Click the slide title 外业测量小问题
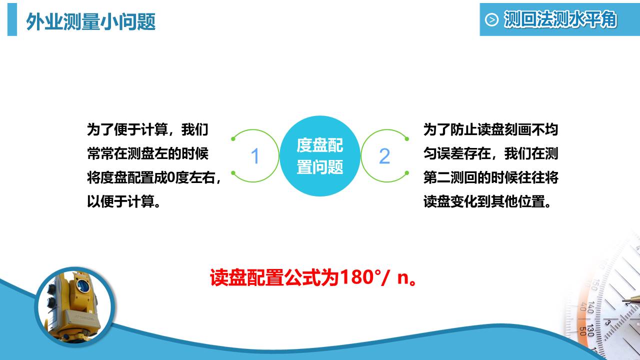[90, 21]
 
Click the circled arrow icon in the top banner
[492, 20]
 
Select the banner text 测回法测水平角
[560, 20]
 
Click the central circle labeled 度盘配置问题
[320, 155]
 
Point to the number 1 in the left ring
[255, 156]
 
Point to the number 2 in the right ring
[384, 156]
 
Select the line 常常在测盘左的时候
[147, 154]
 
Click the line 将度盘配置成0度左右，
[154, 178]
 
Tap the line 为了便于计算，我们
[147, 130]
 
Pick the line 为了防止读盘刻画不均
[490, 130]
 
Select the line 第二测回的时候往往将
[490, 178]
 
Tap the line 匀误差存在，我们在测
[490, 154]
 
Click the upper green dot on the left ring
[233, 138]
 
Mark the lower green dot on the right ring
[407, 173]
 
